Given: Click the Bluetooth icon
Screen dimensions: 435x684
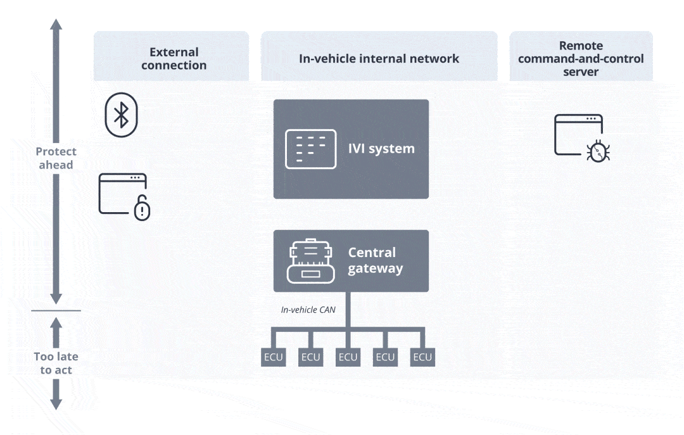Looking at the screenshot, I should tap(120, 115).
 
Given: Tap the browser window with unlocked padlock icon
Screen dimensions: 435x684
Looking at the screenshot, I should tap(124, 196).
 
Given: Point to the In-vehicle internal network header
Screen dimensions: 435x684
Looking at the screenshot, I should tap(379, 58).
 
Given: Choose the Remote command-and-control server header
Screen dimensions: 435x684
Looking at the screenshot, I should tap(581, 58).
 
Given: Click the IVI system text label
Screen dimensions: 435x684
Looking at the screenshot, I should tap(381, 149).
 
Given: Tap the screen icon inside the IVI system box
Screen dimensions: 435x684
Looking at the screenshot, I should tap(310, 149).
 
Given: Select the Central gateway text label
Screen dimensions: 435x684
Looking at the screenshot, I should tap(375, 260).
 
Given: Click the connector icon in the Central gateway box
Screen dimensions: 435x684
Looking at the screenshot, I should tap(310, 260).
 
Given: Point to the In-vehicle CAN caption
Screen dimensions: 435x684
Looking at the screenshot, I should tap(308, 310).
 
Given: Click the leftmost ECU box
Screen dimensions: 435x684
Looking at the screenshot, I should tap(273, 357).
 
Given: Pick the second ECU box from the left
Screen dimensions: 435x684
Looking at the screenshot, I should tap(310, 357).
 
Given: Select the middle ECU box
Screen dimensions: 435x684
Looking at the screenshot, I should tap(348, 357).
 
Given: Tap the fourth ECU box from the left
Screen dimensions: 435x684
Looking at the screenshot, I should tap(385, 357).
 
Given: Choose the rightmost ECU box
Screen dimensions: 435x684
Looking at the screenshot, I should tap(422, 357).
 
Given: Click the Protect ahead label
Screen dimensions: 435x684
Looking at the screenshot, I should tap(56, 158).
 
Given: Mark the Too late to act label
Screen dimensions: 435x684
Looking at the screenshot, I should tap(56, 363).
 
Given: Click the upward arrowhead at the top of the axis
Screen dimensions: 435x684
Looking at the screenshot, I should tap(56, 25).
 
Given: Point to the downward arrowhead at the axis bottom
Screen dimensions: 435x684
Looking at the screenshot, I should tap(56, 403).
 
